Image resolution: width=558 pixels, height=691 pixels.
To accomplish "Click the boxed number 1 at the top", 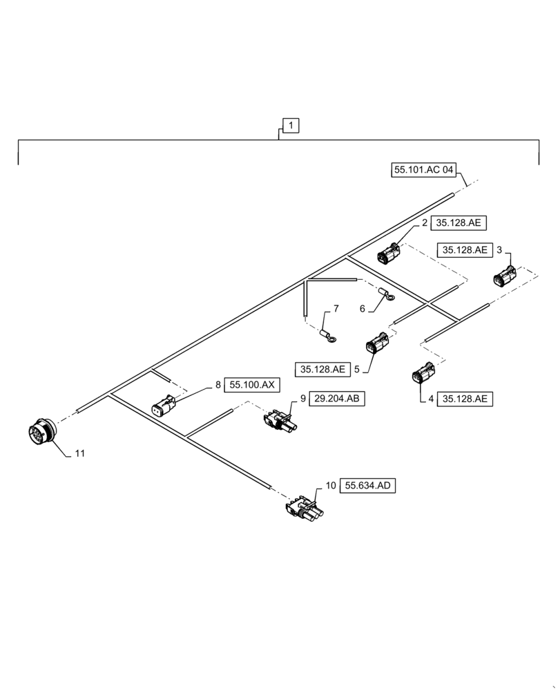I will pos(291,126).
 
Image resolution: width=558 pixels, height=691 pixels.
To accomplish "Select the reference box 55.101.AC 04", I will pos(424,169).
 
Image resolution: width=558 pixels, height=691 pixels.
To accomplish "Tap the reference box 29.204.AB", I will pos(337,399).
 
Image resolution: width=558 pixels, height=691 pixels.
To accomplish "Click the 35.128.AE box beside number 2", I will pos(461,223).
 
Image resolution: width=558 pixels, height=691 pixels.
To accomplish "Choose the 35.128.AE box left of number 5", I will pos(323,370).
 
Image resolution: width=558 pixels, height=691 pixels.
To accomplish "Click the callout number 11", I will pos(80,453).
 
